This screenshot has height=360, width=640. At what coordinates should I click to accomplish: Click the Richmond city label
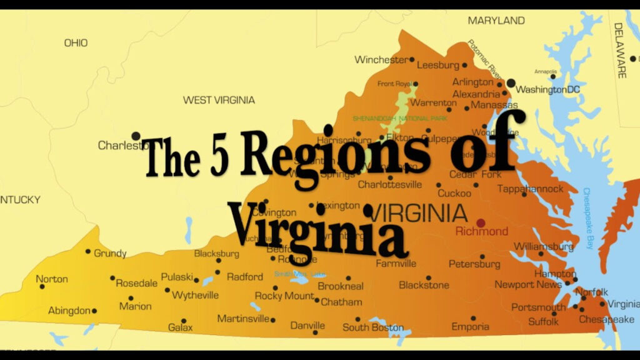[482, 232]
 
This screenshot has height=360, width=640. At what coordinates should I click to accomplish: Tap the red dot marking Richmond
[481, 222]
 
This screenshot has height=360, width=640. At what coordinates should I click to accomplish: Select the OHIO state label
[76, 43]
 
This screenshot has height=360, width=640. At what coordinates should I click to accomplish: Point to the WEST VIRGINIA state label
[219, 100]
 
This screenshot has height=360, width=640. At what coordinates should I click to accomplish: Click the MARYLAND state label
[496, 21]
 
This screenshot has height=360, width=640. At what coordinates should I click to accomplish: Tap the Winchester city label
[381, 60]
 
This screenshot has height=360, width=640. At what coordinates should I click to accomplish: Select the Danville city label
[308, 326]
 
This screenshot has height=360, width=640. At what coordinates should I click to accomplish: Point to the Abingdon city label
[69, 311]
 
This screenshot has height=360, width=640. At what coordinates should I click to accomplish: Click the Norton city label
[52, 279]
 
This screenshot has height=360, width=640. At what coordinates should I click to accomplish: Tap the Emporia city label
[471, 327]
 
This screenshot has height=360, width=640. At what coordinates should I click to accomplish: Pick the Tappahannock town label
[531, 189]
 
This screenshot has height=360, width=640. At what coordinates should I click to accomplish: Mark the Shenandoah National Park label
[391, 118]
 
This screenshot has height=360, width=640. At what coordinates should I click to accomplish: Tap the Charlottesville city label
[390, 184]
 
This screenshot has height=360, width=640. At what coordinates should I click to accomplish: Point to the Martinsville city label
[243, 319]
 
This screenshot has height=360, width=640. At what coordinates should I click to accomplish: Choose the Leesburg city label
[437, 65]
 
